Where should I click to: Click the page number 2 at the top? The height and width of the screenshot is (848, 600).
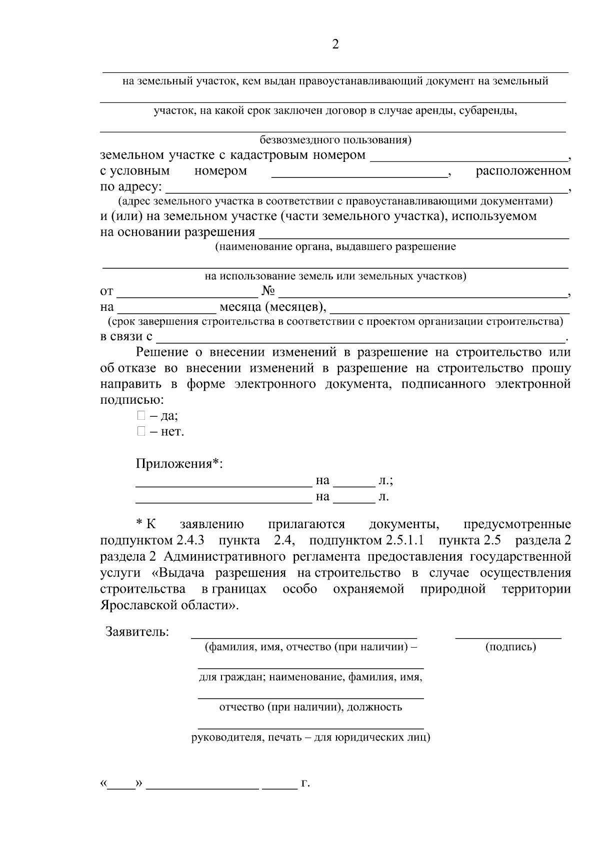point(335,45)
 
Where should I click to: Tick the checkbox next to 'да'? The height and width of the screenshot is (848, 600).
point(141,415)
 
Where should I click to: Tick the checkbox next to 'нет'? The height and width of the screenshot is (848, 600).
point(141,431)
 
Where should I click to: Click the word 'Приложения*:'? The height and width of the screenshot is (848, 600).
point(179,464)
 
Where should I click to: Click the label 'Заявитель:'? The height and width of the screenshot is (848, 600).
point(137,632)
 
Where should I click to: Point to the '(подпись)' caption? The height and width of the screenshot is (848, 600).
point(510,647)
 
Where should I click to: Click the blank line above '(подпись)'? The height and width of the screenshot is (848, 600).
point(508,636)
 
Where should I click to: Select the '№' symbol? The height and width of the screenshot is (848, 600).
point(268,291)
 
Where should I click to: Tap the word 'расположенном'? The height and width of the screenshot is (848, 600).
point(522,171)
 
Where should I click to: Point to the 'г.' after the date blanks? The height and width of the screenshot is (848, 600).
point(305,784)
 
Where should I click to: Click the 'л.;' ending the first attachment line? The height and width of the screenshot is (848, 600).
point(385,481)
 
